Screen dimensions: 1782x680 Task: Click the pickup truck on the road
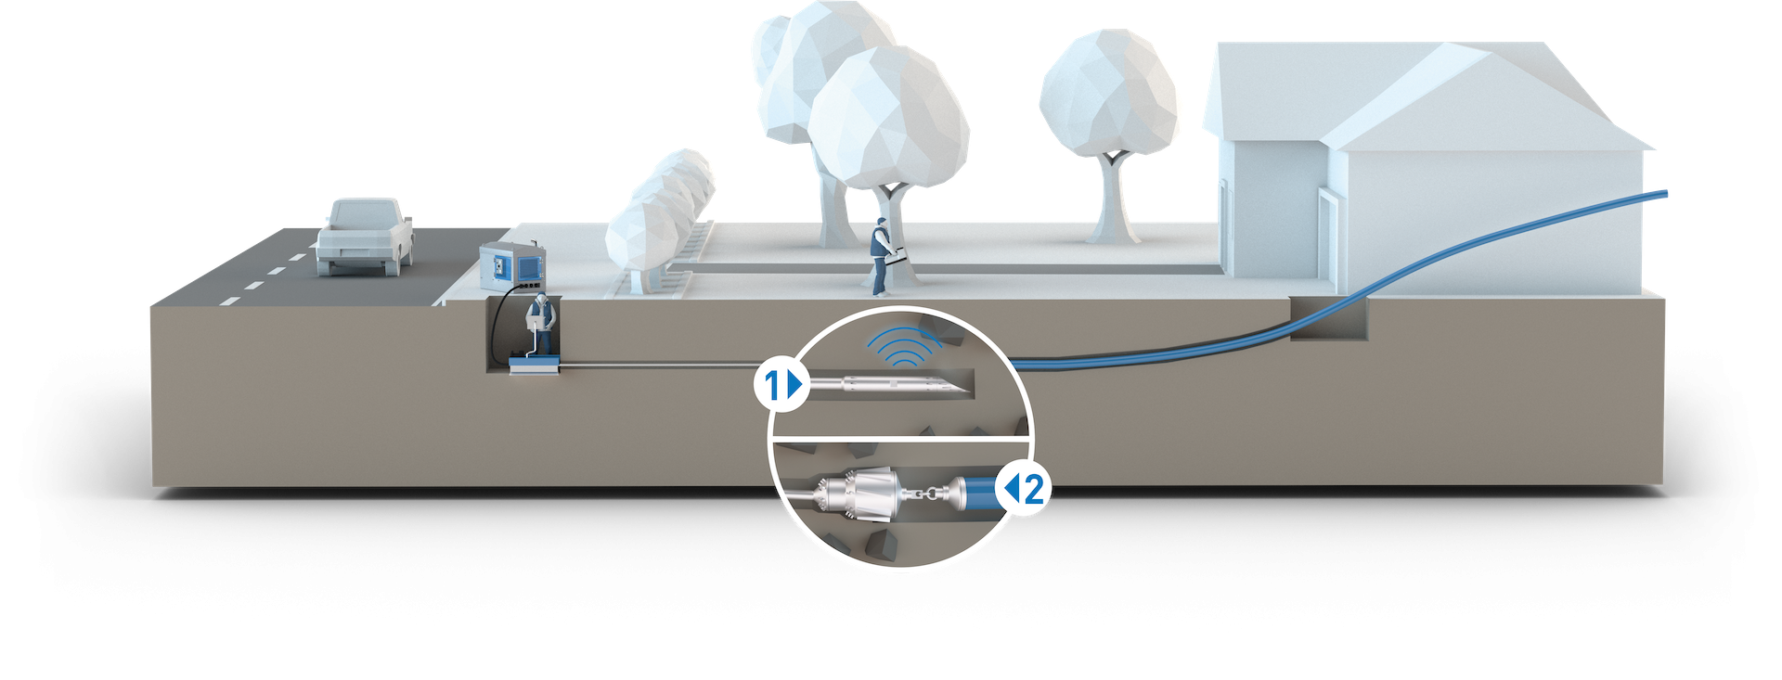tap(363, 237)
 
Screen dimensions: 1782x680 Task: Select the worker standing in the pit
tap(539, 325)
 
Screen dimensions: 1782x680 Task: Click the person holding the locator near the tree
tap(881, 256)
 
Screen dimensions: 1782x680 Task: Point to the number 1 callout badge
tap(779, 384)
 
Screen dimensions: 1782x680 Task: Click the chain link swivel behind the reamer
tap(924, 493)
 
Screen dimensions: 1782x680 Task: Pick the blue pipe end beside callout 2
tap(974, 491)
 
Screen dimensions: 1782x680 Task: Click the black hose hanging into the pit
tap(499, 320)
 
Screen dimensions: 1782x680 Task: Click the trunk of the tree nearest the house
tap(1110, 199)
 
